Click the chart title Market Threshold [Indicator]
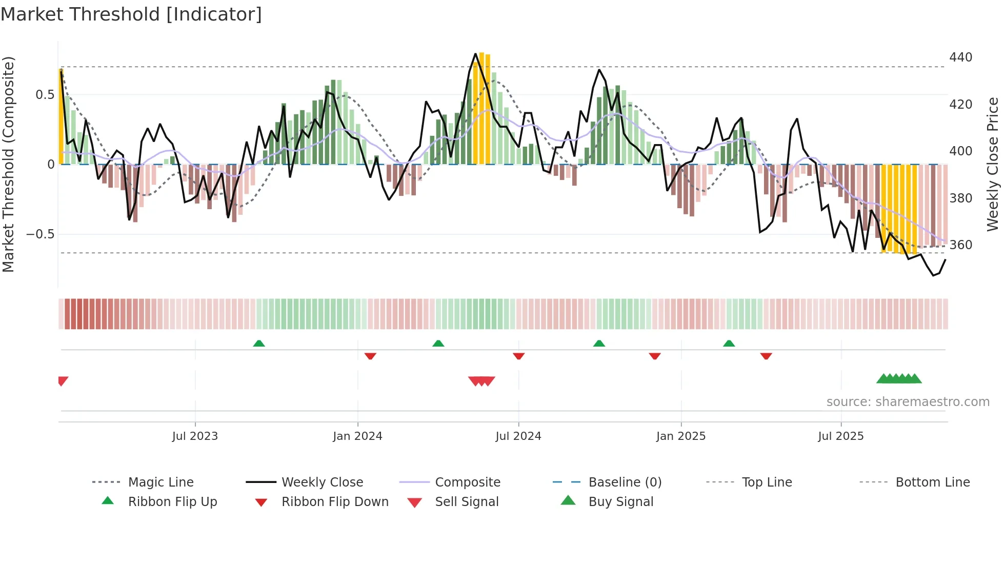(131, 14)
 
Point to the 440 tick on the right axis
(960, 57)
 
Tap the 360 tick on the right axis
(960, 245)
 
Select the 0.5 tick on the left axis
(45, 95)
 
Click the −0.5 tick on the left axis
(40, 234)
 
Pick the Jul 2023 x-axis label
(195, 436)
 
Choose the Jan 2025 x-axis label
(680, 436)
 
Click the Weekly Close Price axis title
(993, 164)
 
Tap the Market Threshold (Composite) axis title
(8, 164)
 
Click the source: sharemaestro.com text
(908, 402)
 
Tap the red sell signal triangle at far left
(63, 380)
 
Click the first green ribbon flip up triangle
(259, 344)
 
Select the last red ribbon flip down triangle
(766, 356)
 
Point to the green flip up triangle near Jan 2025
(729, 344)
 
